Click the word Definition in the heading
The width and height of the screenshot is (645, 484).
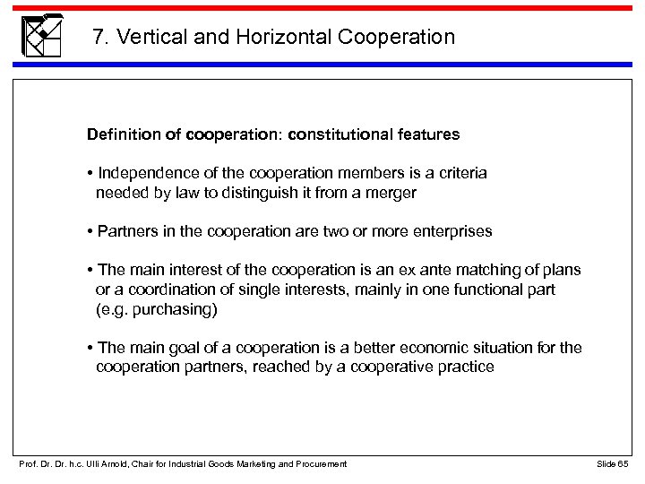click(x=121, y=134)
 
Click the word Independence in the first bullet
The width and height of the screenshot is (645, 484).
click(x=142, y=173)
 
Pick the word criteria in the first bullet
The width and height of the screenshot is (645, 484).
click(x=459, y=173)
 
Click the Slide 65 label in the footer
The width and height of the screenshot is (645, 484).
click(x=612, y=463)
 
